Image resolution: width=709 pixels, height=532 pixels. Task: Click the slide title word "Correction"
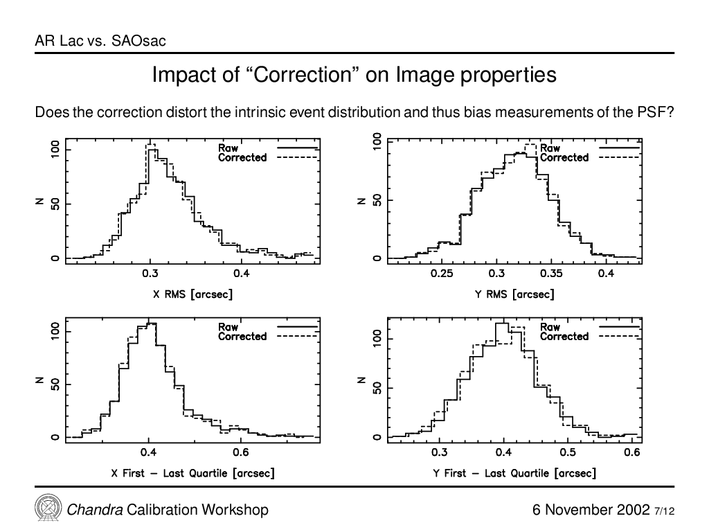coord(303,75)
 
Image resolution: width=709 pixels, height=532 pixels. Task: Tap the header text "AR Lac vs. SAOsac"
coord(100,41)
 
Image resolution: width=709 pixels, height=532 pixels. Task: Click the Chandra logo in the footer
coord(48,508)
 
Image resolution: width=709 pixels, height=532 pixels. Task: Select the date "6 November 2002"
coord(591,510)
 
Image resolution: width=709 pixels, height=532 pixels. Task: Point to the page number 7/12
coord(664,511)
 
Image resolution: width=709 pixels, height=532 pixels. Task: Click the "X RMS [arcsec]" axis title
coord(192,294)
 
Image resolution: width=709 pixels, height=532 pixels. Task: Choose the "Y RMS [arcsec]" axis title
coord(514,294)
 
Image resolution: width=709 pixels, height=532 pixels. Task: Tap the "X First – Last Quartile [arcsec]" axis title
coord(192,473)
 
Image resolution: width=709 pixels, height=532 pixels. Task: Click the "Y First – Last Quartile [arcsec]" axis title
coord(514,473)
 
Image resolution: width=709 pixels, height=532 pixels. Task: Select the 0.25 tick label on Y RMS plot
coord(442,274)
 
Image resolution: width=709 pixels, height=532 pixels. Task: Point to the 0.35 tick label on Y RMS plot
coord(551,274)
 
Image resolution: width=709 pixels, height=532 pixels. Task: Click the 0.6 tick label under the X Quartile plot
coord(240,452)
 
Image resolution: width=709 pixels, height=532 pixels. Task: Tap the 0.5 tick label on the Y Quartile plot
coord(568,452)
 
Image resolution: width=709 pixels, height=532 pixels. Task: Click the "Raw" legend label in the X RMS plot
coord(228,148)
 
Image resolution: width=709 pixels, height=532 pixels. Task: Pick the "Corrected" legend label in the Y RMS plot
coord(564,157)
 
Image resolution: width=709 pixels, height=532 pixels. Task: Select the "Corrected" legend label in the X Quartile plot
coord(242,336)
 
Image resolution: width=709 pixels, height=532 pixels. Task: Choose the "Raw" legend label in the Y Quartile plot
coord(550,327)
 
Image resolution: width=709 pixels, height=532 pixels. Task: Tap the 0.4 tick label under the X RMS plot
coord(241,274)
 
